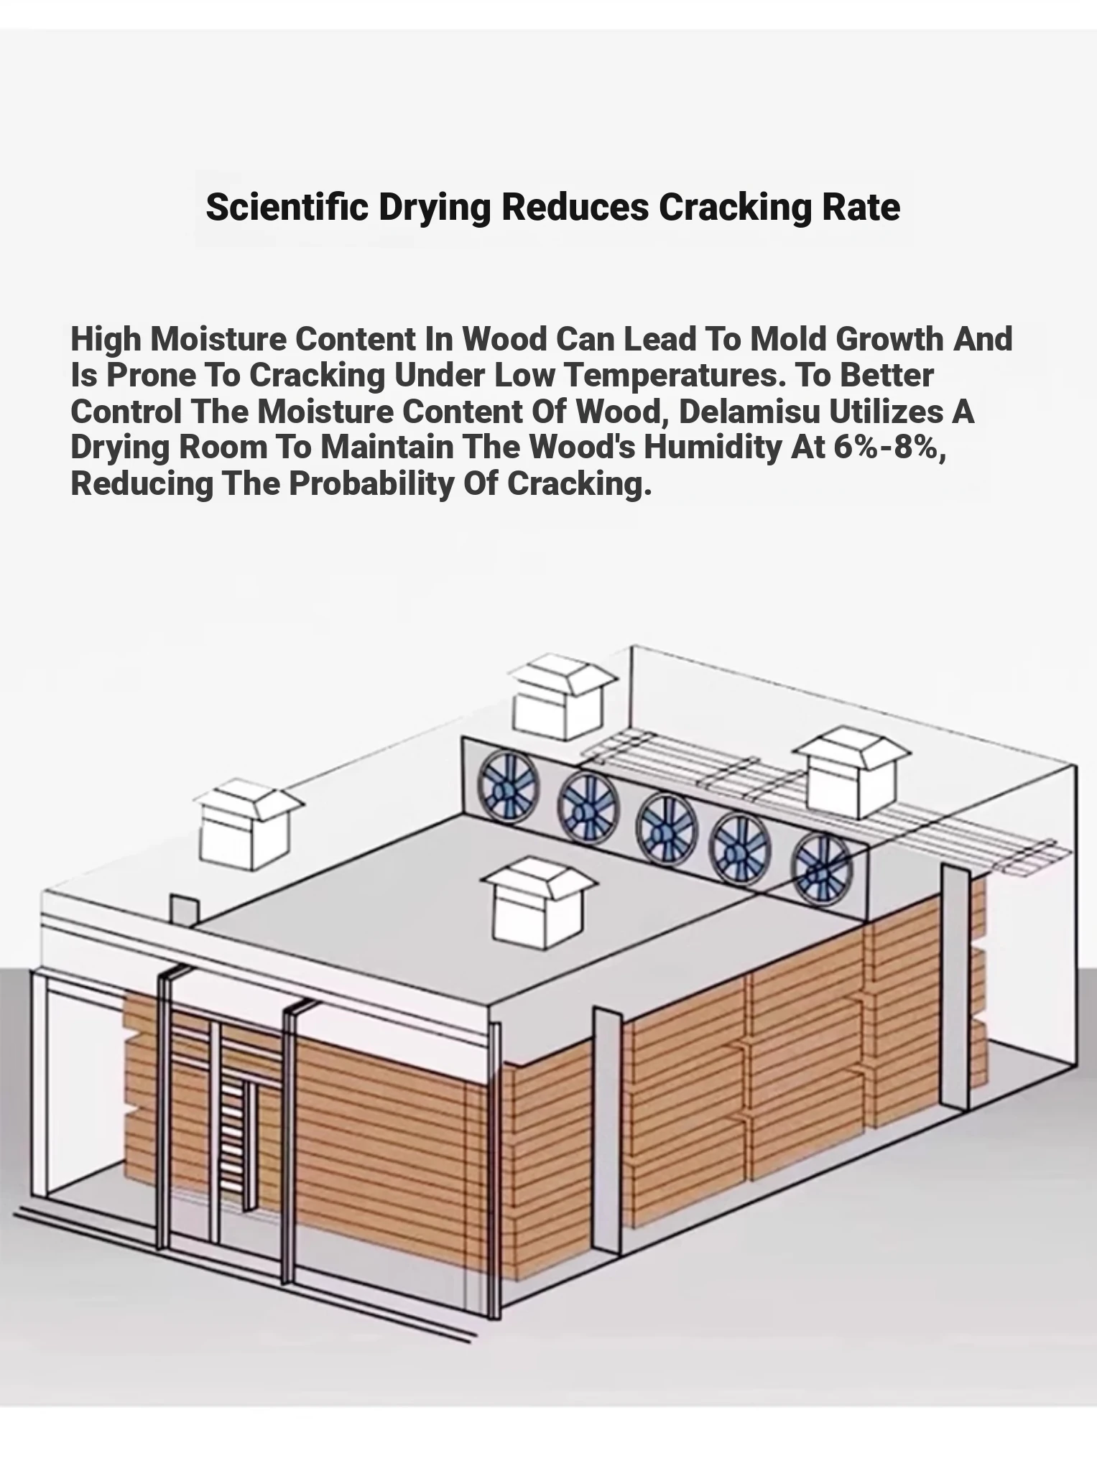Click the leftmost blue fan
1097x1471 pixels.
click(x=509, y=786)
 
